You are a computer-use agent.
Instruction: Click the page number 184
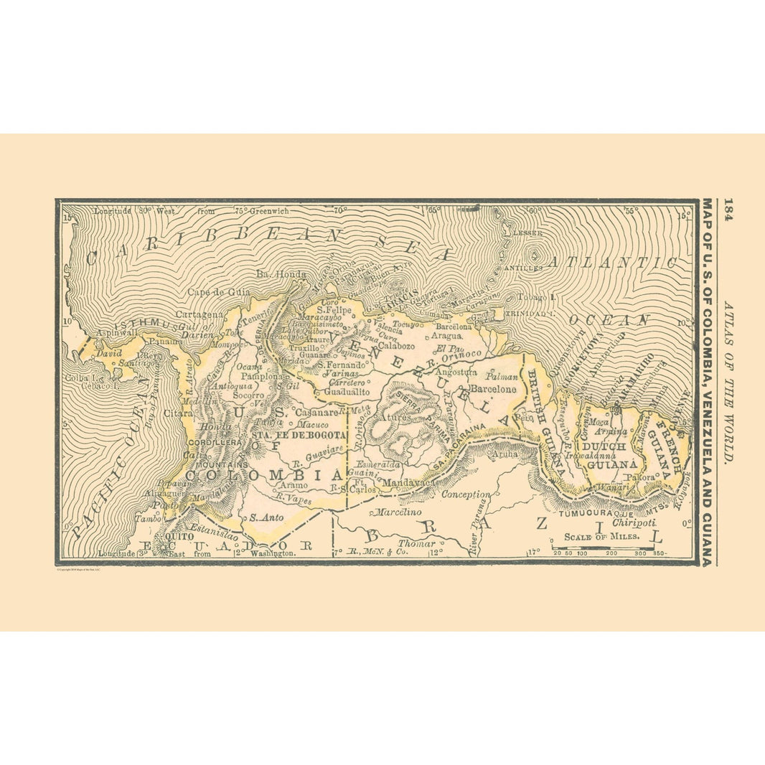728,211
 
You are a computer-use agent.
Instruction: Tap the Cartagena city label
197,314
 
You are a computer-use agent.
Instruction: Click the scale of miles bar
603,548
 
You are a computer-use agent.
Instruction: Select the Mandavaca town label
408,484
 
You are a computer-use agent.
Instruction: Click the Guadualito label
346,393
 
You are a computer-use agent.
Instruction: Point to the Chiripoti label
629,523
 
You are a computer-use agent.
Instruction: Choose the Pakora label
639,477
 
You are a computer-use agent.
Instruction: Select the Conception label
466,494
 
